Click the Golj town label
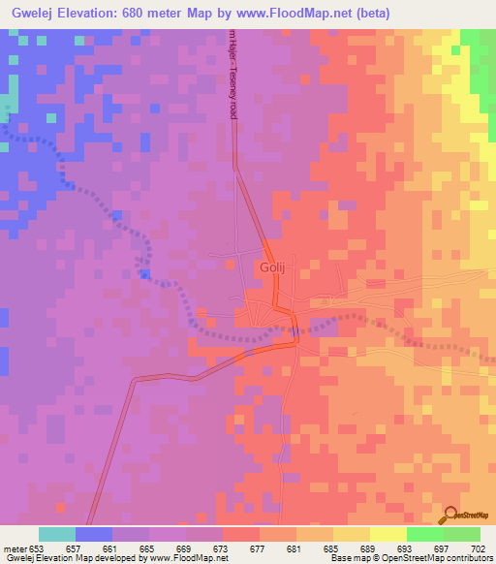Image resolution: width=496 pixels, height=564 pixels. point(270,266)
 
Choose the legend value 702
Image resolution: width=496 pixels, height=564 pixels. point(477,548)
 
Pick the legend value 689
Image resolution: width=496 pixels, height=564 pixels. point(368,548)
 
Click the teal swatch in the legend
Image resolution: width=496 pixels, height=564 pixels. point(57,534)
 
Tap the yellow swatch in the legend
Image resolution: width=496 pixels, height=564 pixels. point(387,534)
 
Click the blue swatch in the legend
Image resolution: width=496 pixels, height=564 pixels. point(94,534)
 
